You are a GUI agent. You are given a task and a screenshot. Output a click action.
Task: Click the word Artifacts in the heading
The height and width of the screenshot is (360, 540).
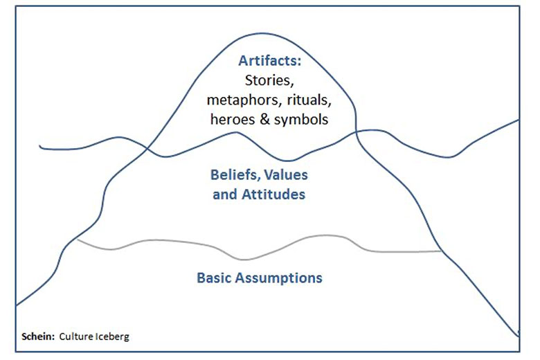click(x=268, y=61)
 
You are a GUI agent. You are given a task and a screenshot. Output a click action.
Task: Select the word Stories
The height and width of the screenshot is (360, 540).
click(x=269, y=81)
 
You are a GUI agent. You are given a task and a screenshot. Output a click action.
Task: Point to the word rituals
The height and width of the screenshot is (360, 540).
click(x=309, y=100)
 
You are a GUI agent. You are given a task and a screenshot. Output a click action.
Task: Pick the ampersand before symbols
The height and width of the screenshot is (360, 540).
click(x=264, y=120)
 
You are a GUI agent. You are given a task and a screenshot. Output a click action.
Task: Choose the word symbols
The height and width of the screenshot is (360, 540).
click(x=301, y=120)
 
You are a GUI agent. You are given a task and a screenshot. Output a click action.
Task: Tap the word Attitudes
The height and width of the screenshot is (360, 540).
click(x=273, y=195)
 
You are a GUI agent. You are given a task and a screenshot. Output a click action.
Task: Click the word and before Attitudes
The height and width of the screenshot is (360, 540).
click(x=225, y=195)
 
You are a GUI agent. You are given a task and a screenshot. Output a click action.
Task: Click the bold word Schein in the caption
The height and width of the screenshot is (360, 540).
click(x=38, y=336)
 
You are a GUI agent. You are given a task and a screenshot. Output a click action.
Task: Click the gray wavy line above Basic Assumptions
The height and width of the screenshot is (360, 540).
click(x=244, y=260)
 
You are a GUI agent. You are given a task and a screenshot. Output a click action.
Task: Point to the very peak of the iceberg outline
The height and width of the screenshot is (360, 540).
click(x=262, y=33)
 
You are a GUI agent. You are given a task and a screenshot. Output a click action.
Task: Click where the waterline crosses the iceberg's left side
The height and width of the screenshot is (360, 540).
click(x=147, y=148)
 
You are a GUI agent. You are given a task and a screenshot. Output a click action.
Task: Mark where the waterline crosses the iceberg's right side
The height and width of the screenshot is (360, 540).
click(x=356, y=132)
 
